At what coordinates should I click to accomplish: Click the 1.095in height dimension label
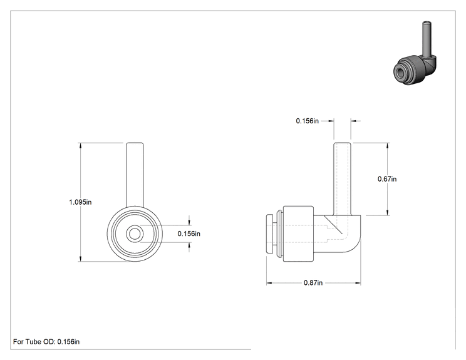click(80, 202)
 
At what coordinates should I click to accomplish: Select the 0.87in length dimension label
click(313, 283)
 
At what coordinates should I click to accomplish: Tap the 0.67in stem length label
click(387, 179)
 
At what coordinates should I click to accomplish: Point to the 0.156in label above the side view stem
click(308, 121)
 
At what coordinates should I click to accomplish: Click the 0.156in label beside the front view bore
click(189, 234)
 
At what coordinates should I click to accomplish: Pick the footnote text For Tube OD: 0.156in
click(46, 342)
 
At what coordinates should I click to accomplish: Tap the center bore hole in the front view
click(135, 234)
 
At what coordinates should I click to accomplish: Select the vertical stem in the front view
click(135, 175)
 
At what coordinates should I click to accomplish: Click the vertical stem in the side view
click(342, 179)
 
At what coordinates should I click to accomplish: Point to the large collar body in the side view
click(298, 234)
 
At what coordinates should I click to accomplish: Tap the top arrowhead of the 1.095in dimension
click(80, 146)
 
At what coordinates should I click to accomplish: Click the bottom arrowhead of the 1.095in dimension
click(80, 259)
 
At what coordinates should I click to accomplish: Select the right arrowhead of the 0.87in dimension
click(358, 283)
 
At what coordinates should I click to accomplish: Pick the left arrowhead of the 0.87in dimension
click(269, 283)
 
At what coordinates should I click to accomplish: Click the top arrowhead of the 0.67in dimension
click(388, 146)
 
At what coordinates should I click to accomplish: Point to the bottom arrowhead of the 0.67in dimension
click(388, 212)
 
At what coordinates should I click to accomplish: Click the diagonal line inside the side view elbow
click(333, 225)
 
